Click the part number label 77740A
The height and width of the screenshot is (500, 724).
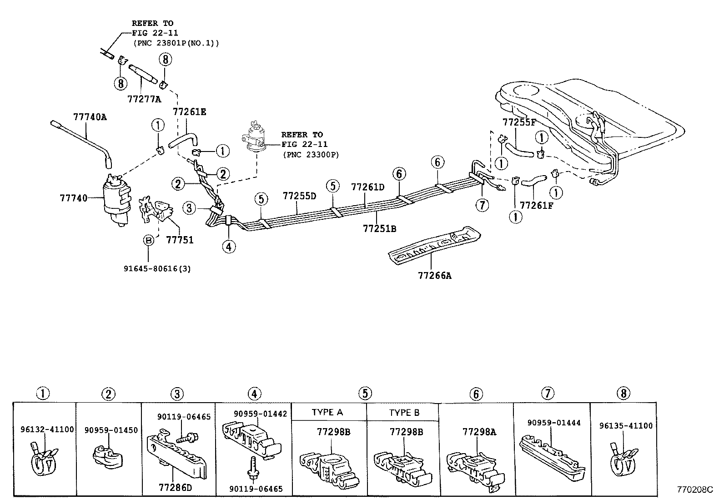[x=90, y=117]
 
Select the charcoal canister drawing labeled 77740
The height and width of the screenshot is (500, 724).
[x=116, y=200]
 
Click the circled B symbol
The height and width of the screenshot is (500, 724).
[x=148, y=241]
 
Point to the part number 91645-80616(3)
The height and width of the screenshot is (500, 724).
[x=157, y=268]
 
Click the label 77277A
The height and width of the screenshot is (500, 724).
[x=144, y=99]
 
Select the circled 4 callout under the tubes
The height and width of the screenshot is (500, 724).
[x=229, y=247]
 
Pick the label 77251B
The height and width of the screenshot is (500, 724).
[x=379, y=228]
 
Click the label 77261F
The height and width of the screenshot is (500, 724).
[x=537, y=205]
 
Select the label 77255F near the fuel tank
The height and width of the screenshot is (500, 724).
[x=519, y=122]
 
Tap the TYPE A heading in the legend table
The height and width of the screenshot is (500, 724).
[x=327, y=413]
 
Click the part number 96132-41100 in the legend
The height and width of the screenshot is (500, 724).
[x=47, y=429]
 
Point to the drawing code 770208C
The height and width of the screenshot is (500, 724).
[x=695, y=490]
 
